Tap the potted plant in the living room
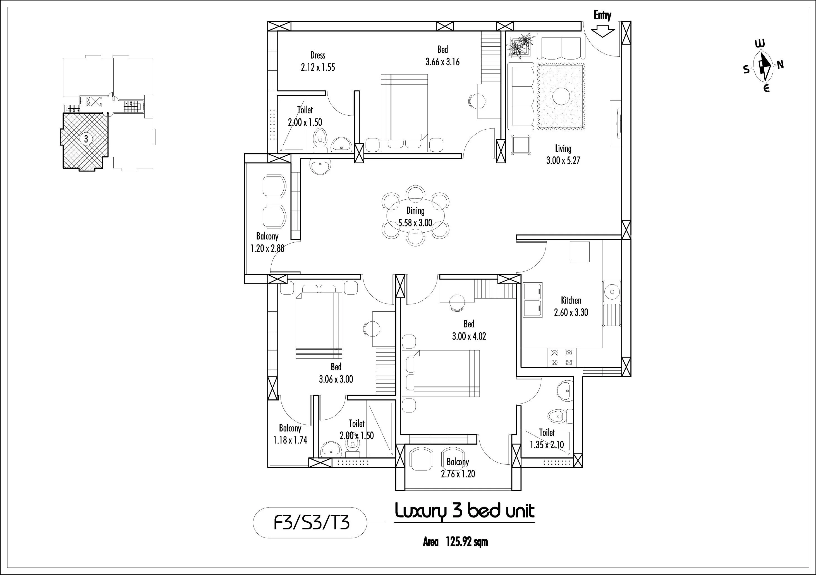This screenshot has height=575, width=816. pyautogui.click(x=520, y=45)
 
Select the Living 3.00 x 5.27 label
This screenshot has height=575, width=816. pyautogui.click(x=563, y=154)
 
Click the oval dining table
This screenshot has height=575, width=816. pyautogui.click(x=415, y=216)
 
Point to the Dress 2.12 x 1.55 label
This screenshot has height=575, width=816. pyautogui.click(x=318, y=61)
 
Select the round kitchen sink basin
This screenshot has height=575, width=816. pyautogui.click(x=612, y=292)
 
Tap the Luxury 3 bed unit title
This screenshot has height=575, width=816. pyautogui.click(x=465, y=512)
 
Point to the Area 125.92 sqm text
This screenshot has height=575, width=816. pyautogui.click(x=455, y=542)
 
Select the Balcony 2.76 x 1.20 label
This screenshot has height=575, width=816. pyautogui.click(x=458, y=467)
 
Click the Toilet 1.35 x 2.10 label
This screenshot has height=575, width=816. pyautogui.click(x=547, y=438)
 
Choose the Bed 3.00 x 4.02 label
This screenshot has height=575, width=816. pyautogui.click(x=469, y=330)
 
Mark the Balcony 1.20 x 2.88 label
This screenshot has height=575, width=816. pyautogui.click(x=267, y=242)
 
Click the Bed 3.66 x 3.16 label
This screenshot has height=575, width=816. pyautogui.click(x=442, y=56)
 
